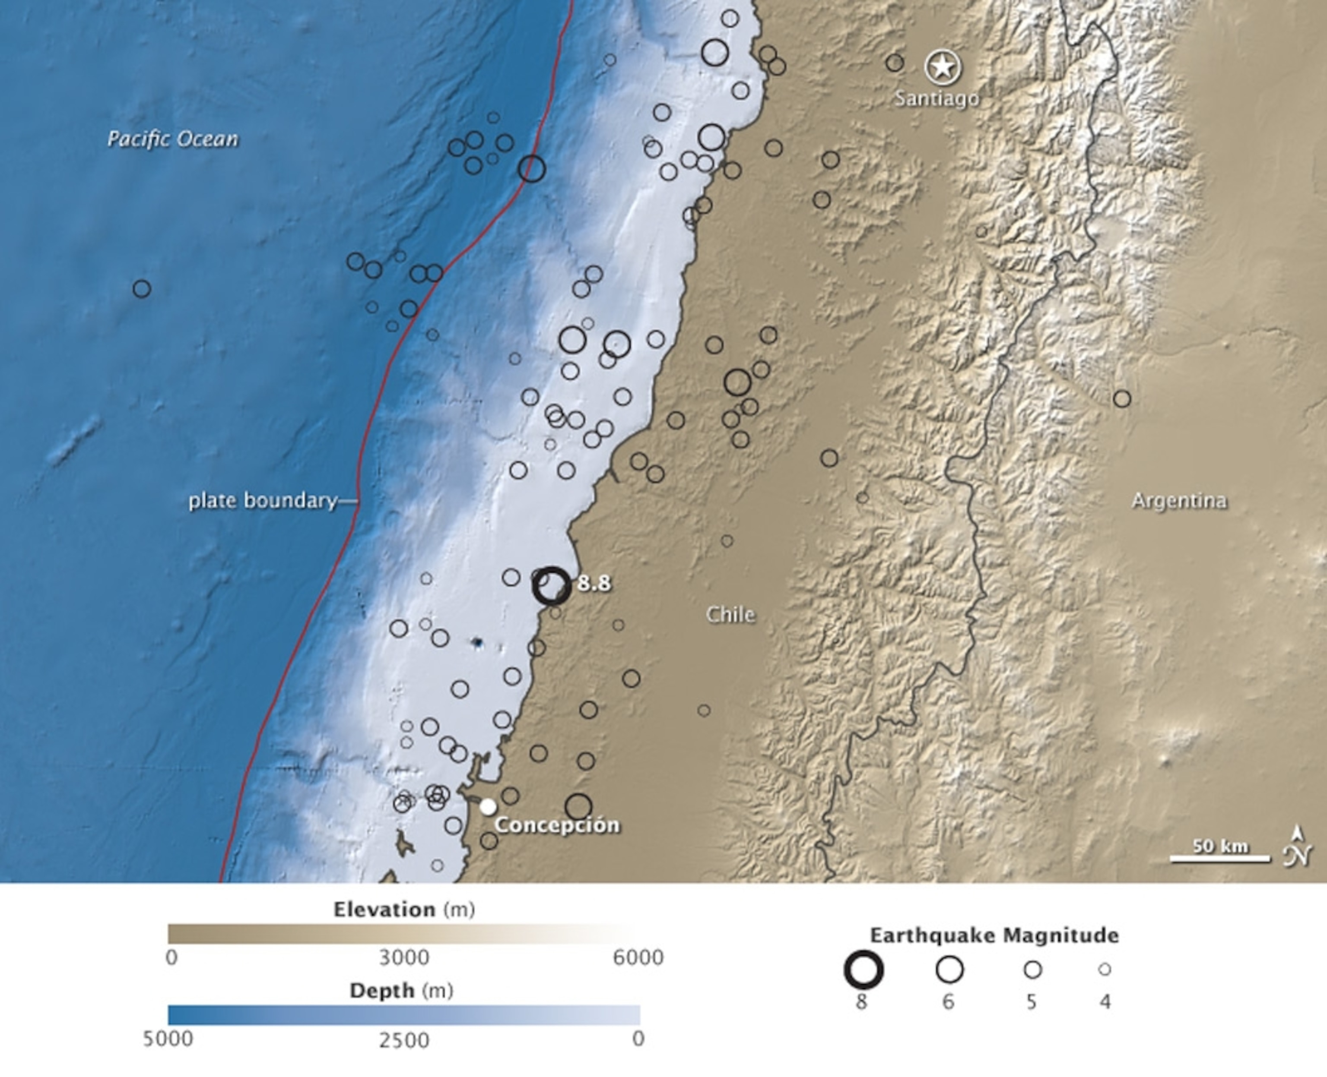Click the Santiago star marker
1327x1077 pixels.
point(943,66)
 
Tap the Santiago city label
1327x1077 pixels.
point(937,98)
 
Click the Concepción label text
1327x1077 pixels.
point(557,825)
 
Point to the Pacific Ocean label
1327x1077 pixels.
point(172,139)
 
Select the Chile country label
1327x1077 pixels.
point(730,615)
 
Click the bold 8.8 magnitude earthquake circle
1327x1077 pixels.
point(551,586)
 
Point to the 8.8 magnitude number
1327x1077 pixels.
point(594,584)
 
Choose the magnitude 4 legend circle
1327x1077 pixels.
point(1104,969)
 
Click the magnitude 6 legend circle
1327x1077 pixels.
point(949,970)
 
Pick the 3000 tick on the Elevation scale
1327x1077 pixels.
point(404,957)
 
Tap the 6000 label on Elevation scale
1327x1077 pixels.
point(638,957)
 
